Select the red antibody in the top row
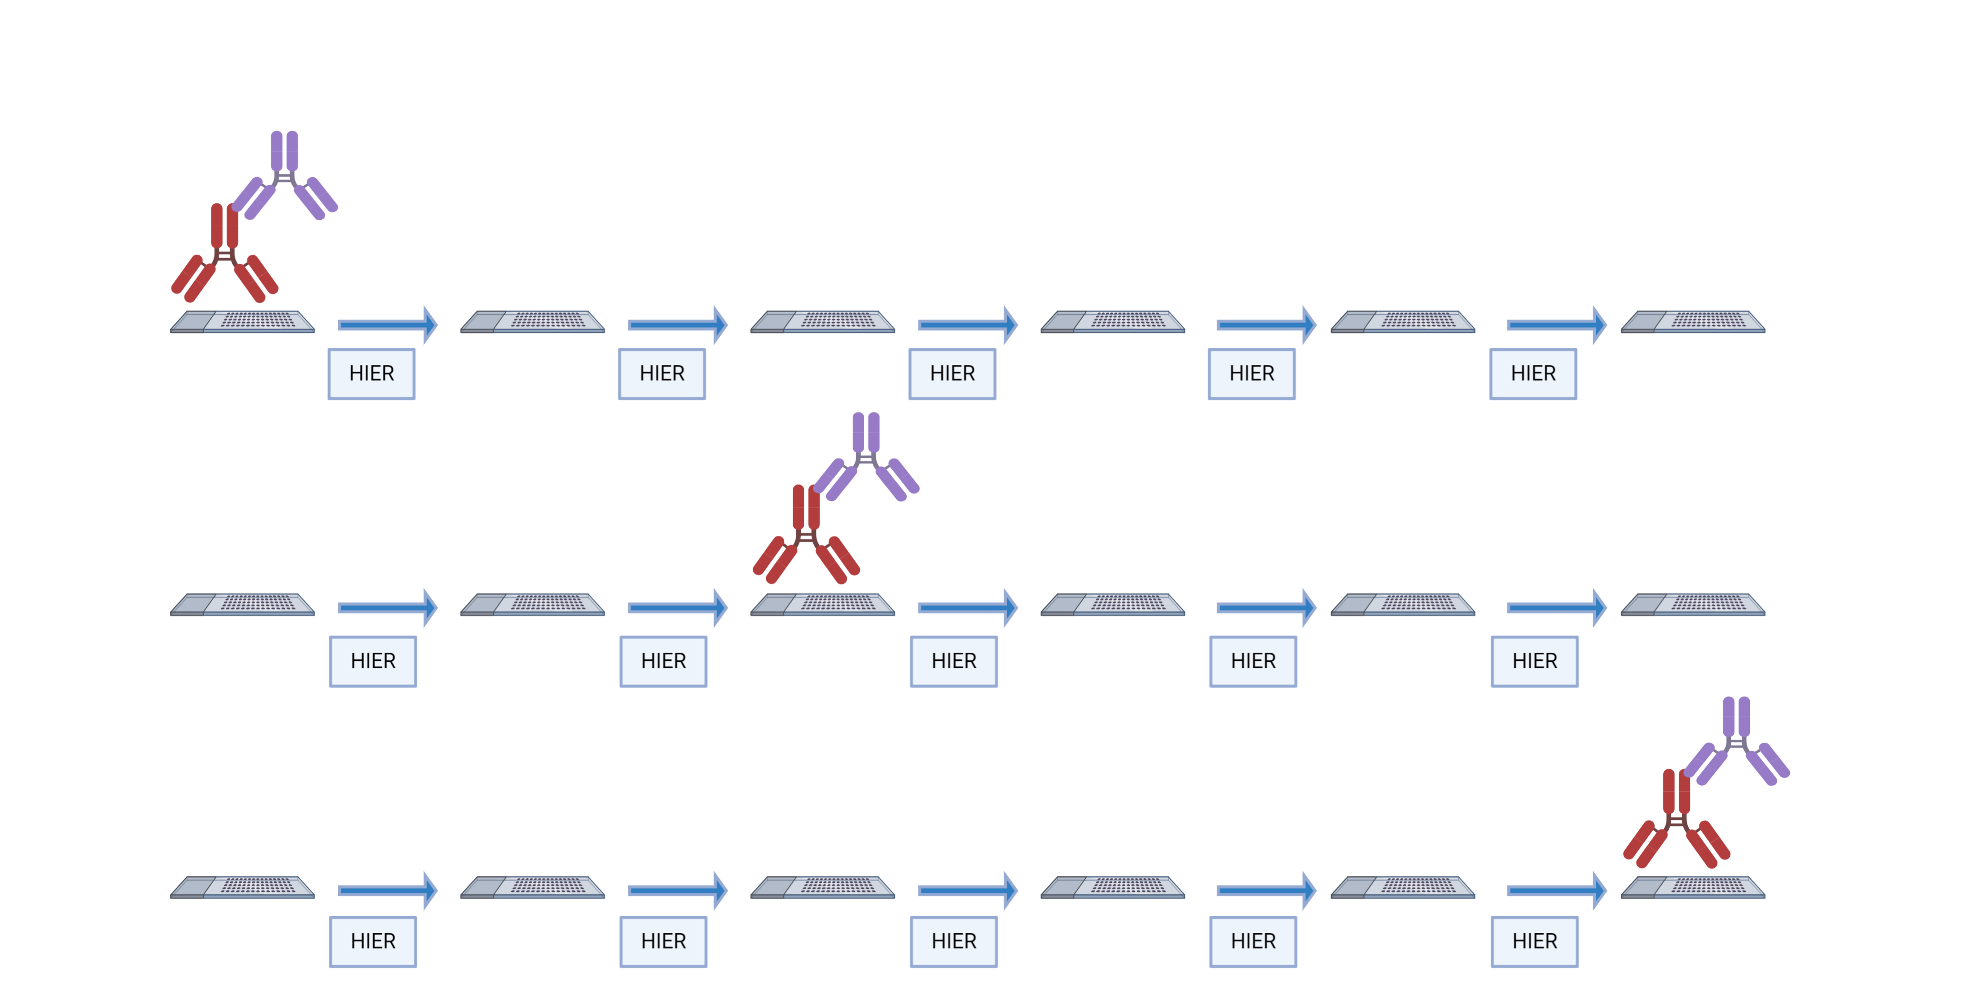tap(225, 254)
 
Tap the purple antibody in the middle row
tap(866, 457)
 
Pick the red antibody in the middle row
tap(806, 535)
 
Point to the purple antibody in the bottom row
tap(1736, 741)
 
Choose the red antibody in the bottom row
tap(1676, 819)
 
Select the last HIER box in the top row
tap(1533, 374)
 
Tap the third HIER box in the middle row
tap(954, 661)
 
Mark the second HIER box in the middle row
tap(664, 661)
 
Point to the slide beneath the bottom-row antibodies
tap(1693, 888)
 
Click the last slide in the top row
tap(1693, 322)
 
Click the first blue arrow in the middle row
tap(388, 607)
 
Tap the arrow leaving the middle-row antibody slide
tap(968, 607)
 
